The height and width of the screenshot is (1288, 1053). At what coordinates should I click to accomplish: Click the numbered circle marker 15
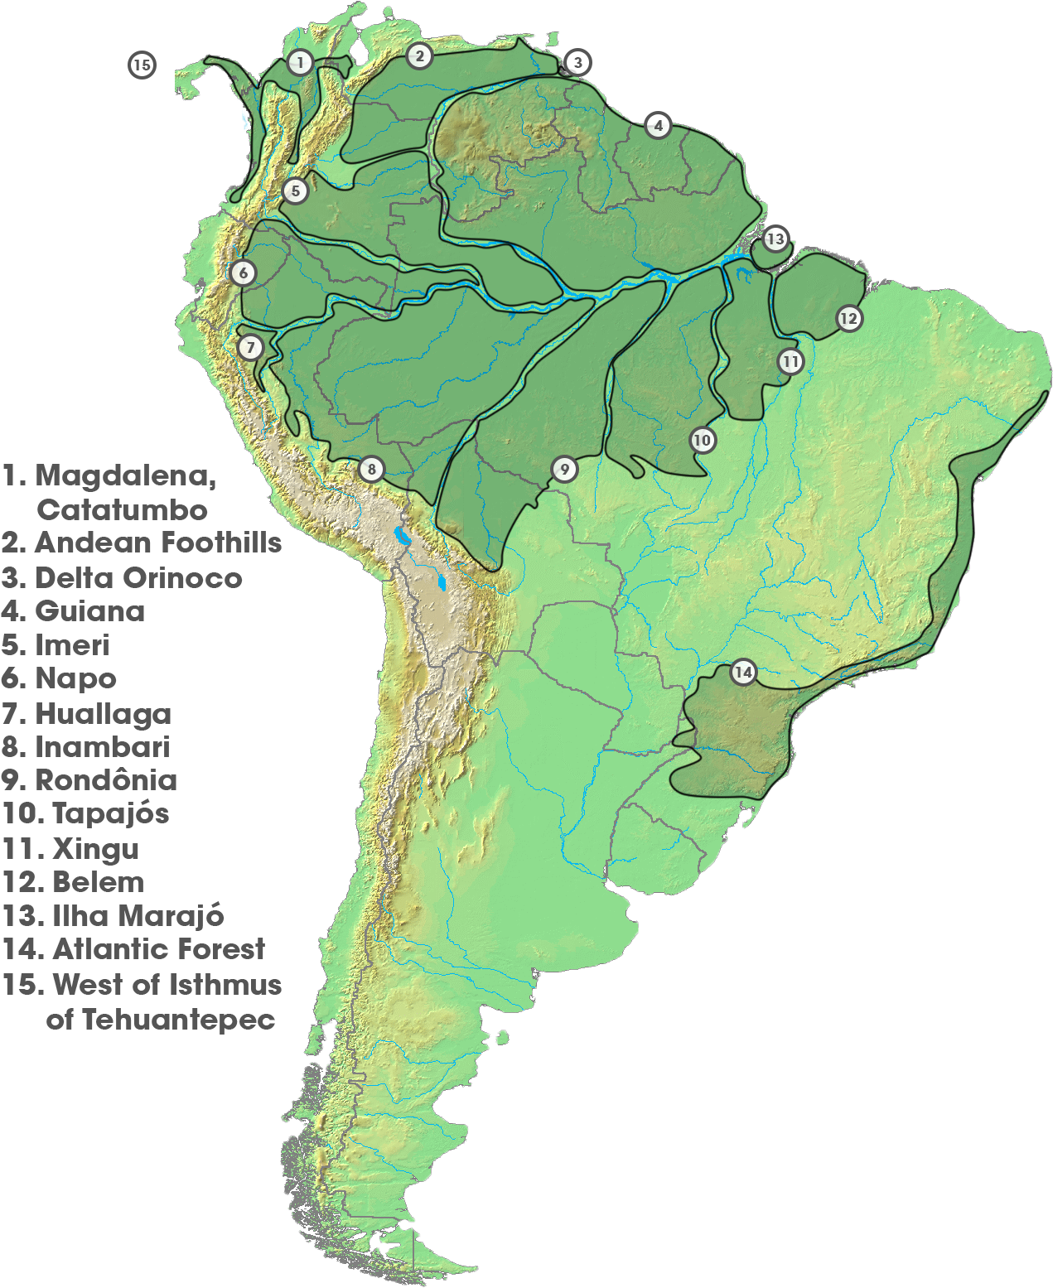pos(142,65)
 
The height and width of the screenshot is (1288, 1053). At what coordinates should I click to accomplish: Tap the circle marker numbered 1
pos(300,62)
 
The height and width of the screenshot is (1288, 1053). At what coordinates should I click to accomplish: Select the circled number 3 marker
pos(577,62)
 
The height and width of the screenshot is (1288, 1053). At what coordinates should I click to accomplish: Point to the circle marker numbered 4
pos(658,126)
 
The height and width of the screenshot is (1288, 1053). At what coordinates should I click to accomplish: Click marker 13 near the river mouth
pos(775,239)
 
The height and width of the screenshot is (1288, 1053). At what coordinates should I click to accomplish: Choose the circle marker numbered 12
pos(848,318)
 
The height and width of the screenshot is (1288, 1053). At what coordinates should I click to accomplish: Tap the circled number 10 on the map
pos(703,440)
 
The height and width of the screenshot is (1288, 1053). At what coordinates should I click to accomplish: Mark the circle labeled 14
pos(743,672)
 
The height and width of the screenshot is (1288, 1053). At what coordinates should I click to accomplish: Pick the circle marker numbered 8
pos(371,470)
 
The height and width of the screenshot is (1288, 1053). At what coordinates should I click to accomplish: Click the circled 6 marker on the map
pos(243,273)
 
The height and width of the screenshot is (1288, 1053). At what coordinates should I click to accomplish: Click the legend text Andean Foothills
pos(158,543)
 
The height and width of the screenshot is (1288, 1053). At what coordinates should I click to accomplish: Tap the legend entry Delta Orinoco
pos(139,577)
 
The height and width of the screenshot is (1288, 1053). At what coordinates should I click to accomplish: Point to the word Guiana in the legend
pos(89,611)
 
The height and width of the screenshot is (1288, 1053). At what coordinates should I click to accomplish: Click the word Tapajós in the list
pos(111,813)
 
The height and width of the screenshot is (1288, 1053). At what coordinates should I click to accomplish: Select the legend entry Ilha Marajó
pos(138,915)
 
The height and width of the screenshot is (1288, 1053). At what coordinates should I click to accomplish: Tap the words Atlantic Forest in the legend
pos(158,949)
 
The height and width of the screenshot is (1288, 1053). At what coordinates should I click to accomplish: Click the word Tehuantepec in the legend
pos(178,1020)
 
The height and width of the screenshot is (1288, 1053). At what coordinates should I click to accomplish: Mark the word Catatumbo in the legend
pos(122,509)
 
